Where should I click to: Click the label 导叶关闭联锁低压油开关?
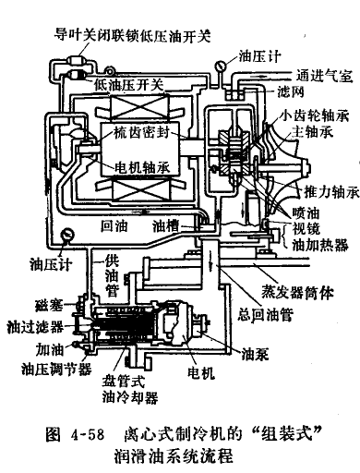pos(133,36)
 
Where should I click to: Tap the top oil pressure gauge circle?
pos(221,66)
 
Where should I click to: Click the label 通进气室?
pos(325,76)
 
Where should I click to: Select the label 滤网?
pos(291,91)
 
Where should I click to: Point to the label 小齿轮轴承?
pos(315,116)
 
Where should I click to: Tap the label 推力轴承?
pos(331,192)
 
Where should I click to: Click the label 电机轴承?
pos(142,167)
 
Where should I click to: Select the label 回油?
pos(114,226)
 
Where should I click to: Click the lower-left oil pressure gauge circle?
pos(67,236)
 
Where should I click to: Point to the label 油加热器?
pos(320,245)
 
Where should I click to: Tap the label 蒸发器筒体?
pos(297,292)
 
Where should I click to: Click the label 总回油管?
pos(265,314)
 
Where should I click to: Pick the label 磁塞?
pos(49,305)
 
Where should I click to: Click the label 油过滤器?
pos(35,327)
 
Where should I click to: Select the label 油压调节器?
pos(56,369)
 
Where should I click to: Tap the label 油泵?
pos(255,354)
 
